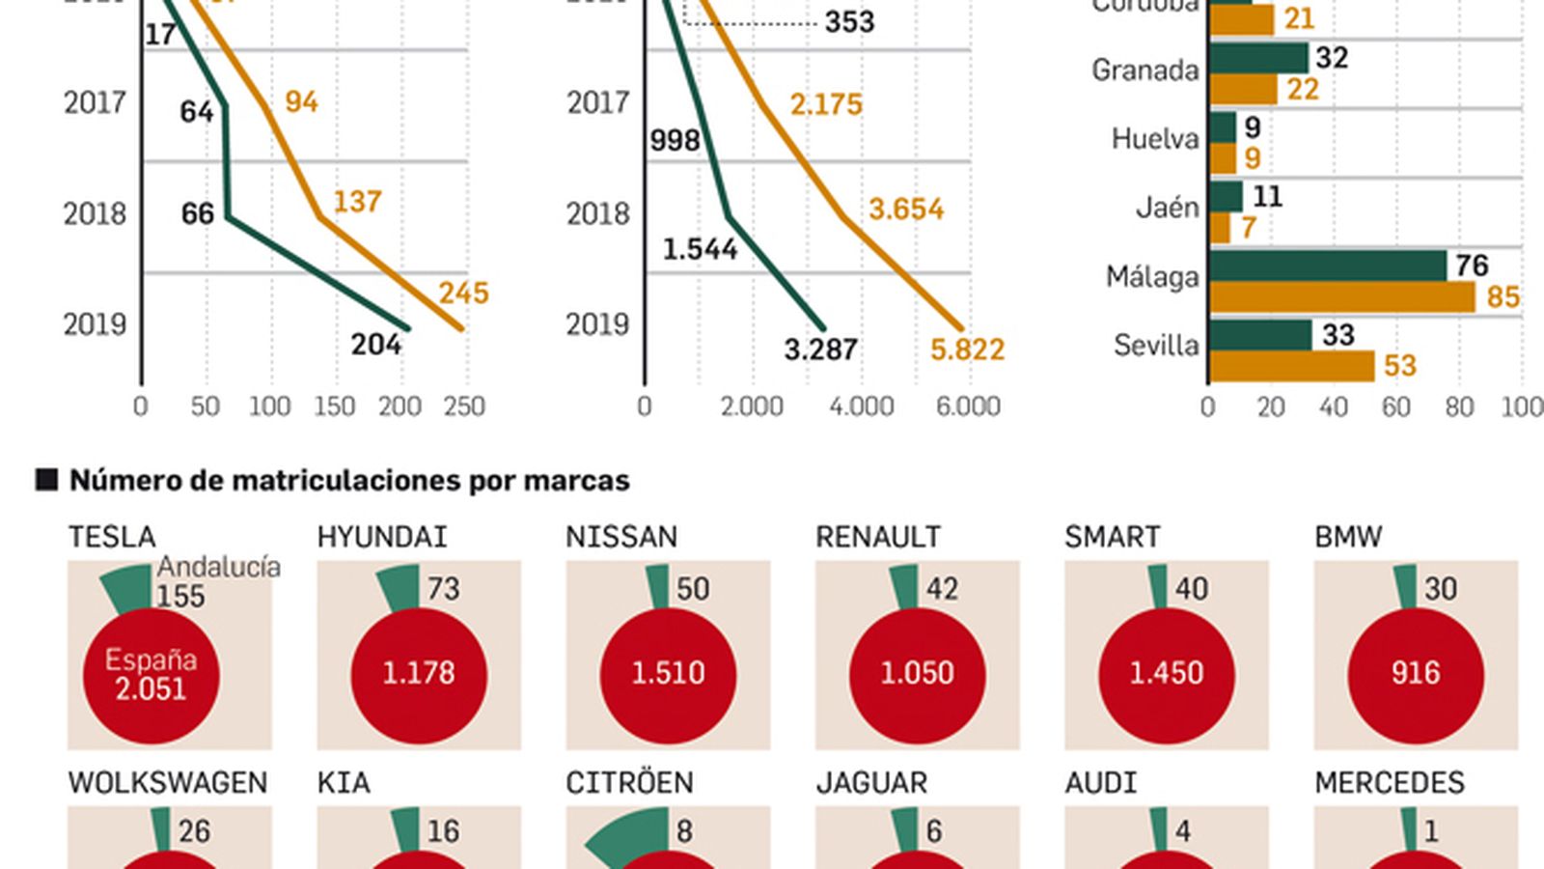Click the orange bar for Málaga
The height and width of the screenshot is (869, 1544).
tap(1341, 297)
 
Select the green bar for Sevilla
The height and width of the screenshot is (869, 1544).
tap(1259, 335)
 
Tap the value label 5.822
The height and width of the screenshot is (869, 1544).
tap(967, 350)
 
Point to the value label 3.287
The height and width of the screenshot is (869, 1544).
tap(820, 350)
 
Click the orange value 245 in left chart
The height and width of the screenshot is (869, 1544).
tap(463, 293)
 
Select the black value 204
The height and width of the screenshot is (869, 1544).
tap(375, 344)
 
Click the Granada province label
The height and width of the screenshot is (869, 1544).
tap(1144, 70)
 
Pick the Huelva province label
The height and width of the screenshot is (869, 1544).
tap(1154, 139)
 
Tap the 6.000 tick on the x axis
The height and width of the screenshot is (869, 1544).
tap(968, 406)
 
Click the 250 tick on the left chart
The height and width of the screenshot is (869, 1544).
tap(464, 406)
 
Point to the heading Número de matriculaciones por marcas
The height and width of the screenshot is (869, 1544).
tap(349, 480)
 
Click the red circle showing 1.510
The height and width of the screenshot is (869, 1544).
tap(668, 674)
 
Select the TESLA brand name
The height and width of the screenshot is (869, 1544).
tap(112, 537)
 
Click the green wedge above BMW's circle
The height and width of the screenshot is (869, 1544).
tap(1406, 587)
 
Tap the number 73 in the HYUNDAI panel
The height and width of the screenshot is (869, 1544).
tap(443, 588)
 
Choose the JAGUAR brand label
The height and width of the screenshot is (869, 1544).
tap(871, 782)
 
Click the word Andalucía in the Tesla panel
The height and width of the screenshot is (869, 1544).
tap(219, 567)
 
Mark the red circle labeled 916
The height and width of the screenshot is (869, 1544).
tap(1415, 674)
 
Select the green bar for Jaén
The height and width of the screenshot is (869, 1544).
tap(1226, 197)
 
